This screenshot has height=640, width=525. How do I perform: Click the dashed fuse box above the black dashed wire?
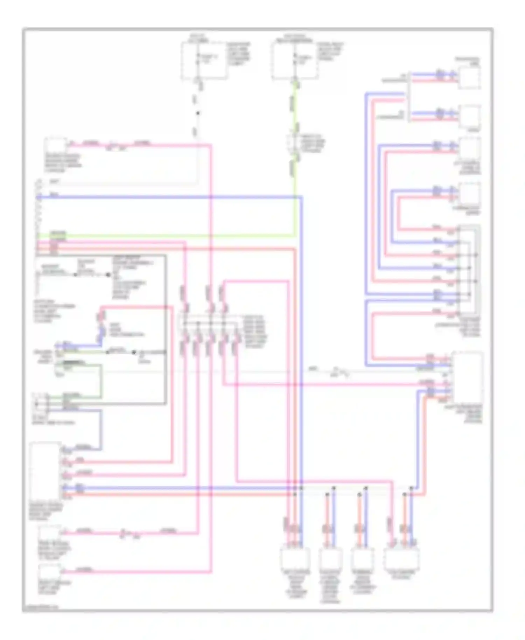click(204, 60)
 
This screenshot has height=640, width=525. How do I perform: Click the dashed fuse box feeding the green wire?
click(295, 60)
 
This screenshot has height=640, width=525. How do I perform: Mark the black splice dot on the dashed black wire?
click(198, 113)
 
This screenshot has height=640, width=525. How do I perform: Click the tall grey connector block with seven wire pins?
click(469, 271)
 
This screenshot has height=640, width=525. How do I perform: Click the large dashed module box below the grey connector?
click(467, 378)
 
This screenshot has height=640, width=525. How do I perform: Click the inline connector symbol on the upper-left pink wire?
click(116, 145)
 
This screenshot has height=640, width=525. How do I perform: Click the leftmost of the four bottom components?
click(295, 558)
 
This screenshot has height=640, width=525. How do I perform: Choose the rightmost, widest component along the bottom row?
click(401, 558)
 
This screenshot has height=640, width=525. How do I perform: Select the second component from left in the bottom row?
click(330, 558)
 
